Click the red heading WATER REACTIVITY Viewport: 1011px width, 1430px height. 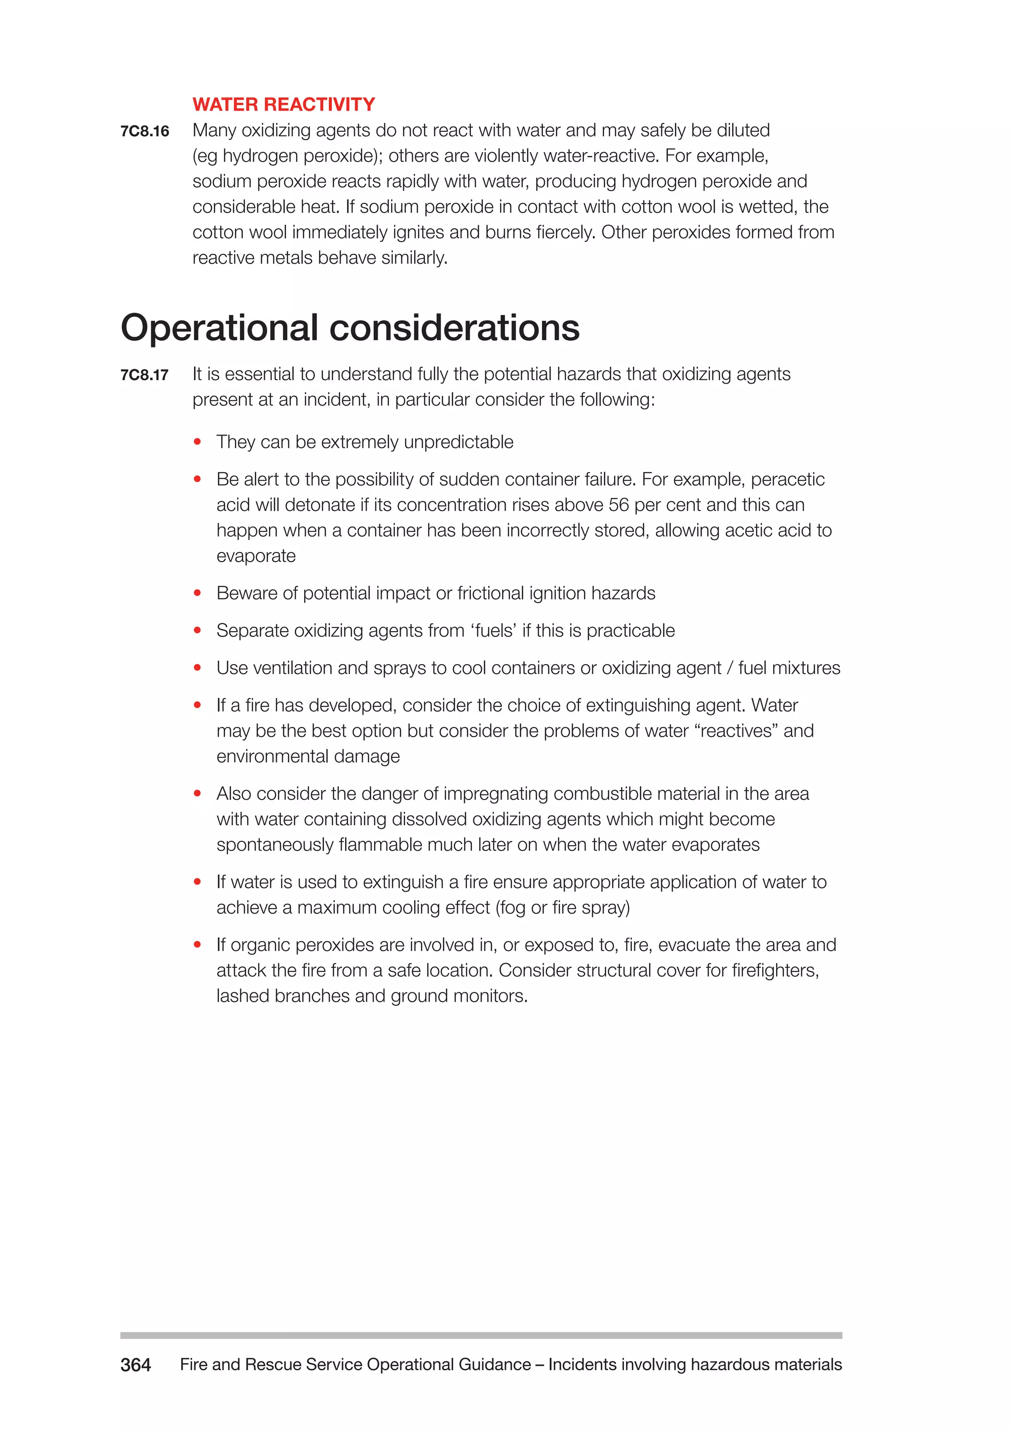point(283,104)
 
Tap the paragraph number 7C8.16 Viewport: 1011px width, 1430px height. point(145,131)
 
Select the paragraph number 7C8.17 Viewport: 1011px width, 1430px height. point(145,375)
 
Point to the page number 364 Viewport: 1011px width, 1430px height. point(135,1365)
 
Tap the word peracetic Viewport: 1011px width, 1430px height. point(787,479)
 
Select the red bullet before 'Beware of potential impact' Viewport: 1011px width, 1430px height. point(197,593)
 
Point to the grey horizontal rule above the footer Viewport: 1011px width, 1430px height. point(481,1335)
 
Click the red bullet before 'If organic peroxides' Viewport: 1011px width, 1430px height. point(197,945)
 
